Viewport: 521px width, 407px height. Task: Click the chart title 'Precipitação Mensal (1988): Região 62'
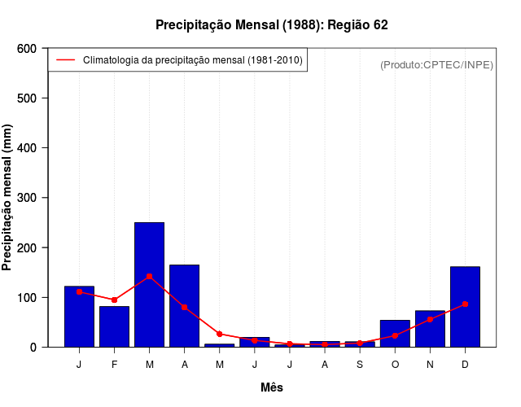point(272,25)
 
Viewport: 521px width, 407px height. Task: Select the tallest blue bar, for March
point(150,284)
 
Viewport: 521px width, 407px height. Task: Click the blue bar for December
point(465,306)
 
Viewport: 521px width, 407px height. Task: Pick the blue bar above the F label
point(115,326)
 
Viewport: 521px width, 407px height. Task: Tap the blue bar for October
point(395,333)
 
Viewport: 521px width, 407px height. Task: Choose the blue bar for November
point(430,328)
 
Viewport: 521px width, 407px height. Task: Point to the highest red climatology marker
point(150,277)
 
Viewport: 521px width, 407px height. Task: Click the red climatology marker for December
point(465,304)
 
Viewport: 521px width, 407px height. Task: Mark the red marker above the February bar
point(115,300)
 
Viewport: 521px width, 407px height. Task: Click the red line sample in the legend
point(66,60)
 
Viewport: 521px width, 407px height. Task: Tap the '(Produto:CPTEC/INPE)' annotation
point(436,64)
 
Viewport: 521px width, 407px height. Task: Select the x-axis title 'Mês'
point(272,387)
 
